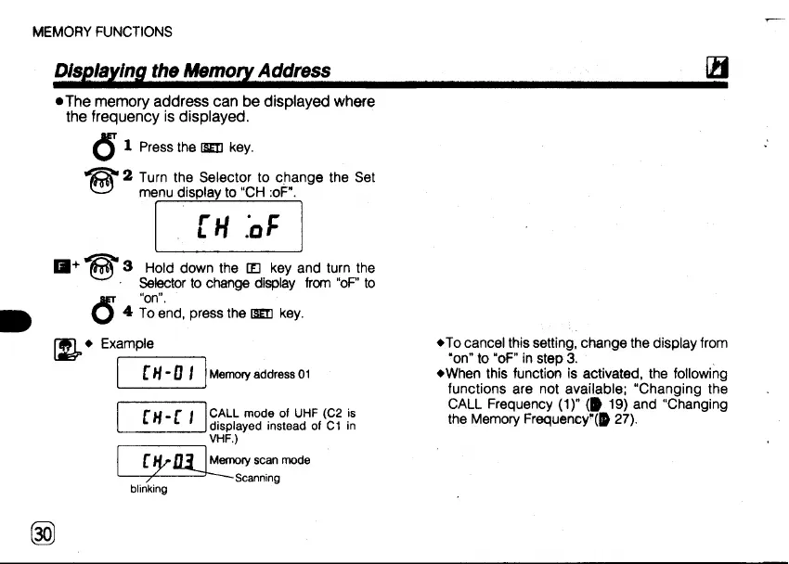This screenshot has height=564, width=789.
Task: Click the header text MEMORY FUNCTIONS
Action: point(102,32)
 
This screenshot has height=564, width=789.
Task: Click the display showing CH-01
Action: point(162,374)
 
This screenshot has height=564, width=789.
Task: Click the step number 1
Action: point(128,147)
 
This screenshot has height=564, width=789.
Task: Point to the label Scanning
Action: point(257,478)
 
